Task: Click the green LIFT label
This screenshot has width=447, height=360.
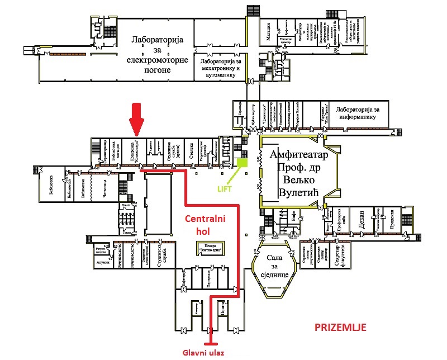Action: coord(225,189)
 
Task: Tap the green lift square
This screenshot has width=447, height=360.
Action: coord(242,163)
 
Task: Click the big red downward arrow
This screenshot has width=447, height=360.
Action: coord(135,118)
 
